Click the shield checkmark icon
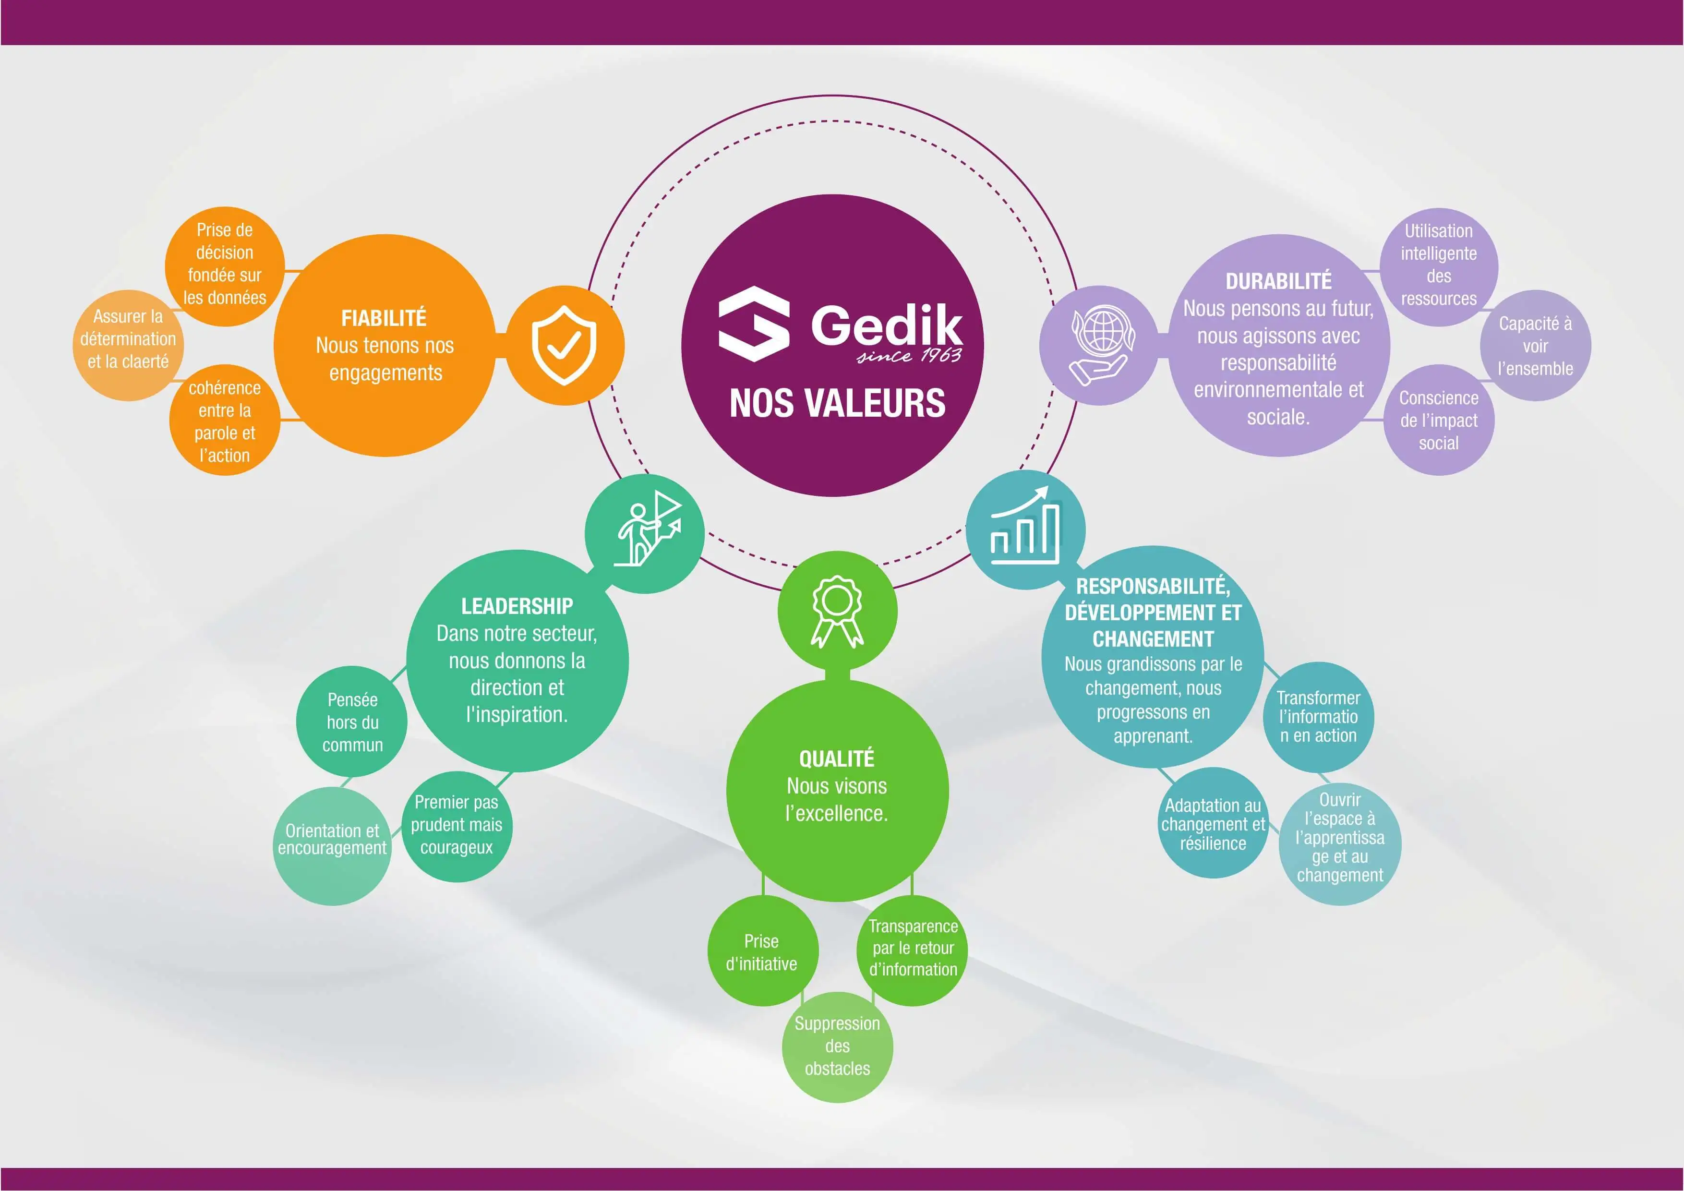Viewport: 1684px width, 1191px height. pos(564,345)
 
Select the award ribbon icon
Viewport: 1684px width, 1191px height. pos(837,612)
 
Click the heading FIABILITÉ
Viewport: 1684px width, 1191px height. pos(384,318)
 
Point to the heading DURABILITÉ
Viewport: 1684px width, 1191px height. pos(1278,281)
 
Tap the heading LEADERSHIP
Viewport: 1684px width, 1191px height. pos(517,606)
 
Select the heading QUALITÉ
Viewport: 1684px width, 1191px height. pos(837,758)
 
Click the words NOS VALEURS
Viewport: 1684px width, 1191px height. pos(837,403)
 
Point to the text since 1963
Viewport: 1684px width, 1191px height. pos(910,356)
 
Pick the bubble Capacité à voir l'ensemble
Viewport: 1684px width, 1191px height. pos(1535,346)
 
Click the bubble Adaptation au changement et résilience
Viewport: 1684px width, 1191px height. pos(1213,824)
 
